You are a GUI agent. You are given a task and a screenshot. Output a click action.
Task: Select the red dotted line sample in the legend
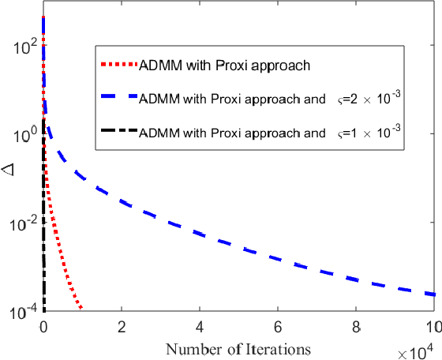(x=118, y=66)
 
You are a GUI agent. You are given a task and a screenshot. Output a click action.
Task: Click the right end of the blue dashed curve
(x=433, y=294)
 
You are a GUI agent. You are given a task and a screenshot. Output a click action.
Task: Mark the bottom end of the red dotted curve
(x=81, y=309)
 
